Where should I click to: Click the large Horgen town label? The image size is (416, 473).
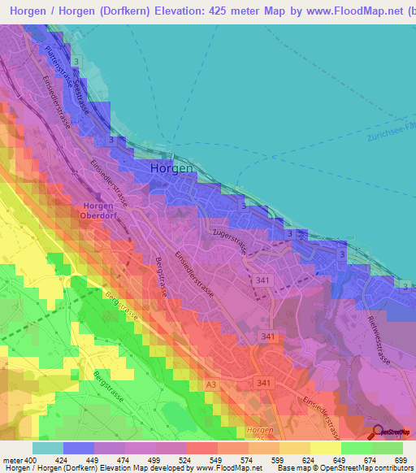(x=171, y=169)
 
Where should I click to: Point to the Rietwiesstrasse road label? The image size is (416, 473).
(x=378, y=339)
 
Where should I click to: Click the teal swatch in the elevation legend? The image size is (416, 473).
(x=48, y=448)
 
